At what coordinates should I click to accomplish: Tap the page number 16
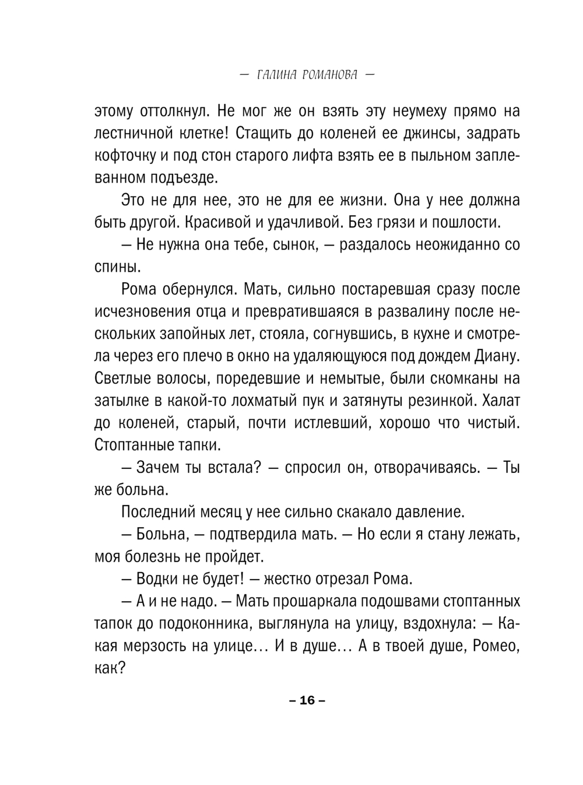point(307,700)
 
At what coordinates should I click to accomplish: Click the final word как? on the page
point(110,669)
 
